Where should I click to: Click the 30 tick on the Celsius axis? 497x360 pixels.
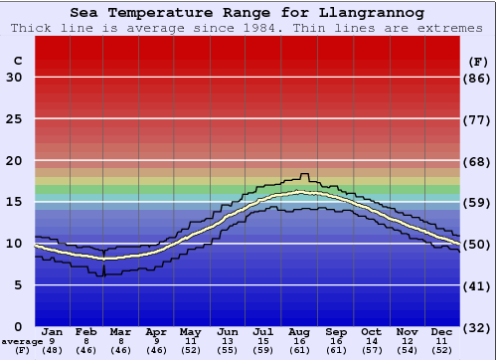[14, 78]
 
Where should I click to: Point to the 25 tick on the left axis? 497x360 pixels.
[14, 119]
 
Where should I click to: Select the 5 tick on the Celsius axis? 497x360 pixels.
[18, 285]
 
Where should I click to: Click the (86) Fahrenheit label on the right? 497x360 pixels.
[477, 78]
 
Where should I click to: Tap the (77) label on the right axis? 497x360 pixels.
[477, 119]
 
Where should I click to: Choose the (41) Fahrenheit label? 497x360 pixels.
[477, 285]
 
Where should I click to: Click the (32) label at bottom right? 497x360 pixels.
[477, 327]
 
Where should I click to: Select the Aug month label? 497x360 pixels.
[298, 332]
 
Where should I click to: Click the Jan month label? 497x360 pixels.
[53, 332]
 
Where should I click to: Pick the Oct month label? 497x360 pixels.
[371, 332]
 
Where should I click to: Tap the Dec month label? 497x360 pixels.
[442, 332]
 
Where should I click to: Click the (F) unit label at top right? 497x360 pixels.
[477, 61]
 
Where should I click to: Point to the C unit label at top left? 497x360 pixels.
[17, 61]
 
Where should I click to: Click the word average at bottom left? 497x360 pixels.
[22, 341]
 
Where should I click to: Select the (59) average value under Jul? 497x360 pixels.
[262, 350]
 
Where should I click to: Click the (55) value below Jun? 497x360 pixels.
[228, 350]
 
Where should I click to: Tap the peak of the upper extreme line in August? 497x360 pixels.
[305, 174]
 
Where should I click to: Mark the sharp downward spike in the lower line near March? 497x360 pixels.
[103, 274]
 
